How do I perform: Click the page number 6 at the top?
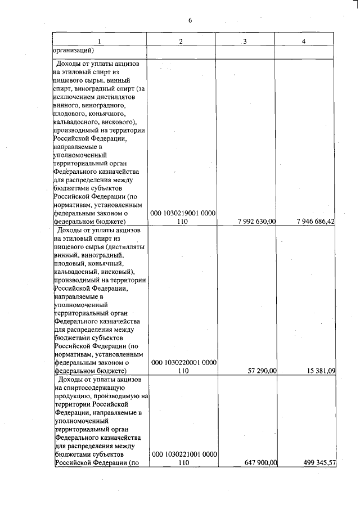click(190, 21)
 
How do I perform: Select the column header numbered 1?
click(100, 41)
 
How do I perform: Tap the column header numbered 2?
click(181, 41)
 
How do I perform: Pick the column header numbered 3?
click(245, 41)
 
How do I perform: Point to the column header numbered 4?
click(304, 41)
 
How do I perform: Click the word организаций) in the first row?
click(73, 50)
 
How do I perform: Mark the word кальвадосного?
click(75, 122)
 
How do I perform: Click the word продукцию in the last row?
click(71, 397)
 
